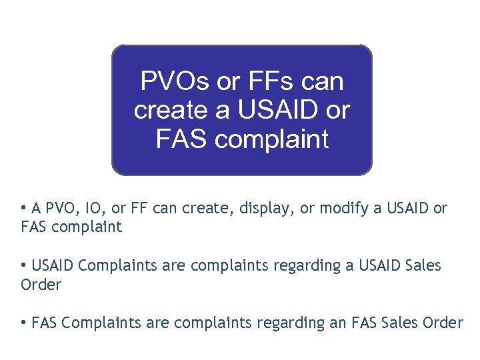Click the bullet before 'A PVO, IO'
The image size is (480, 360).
[x=23, y=207]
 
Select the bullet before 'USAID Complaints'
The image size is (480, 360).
[x=23, y=265]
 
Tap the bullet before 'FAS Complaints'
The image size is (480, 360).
[x=23, y=323]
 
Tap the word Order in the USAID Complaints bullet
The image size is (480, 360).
[x=41, y=285]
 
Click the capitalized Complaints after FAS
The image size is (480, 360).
[x=99, y=324]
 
